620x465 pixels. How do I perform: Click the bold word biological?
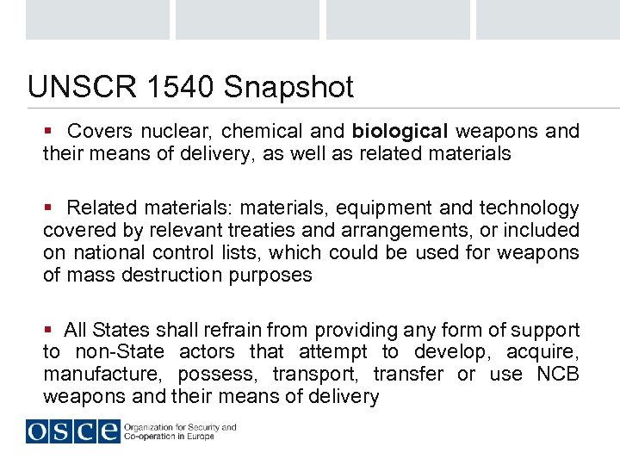click(x=400, y=132)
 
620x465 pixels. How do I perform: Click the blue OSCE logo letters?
click(x=72, y=430)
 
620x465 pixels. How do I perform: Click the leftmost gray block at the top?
click(x=97, y=20)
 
